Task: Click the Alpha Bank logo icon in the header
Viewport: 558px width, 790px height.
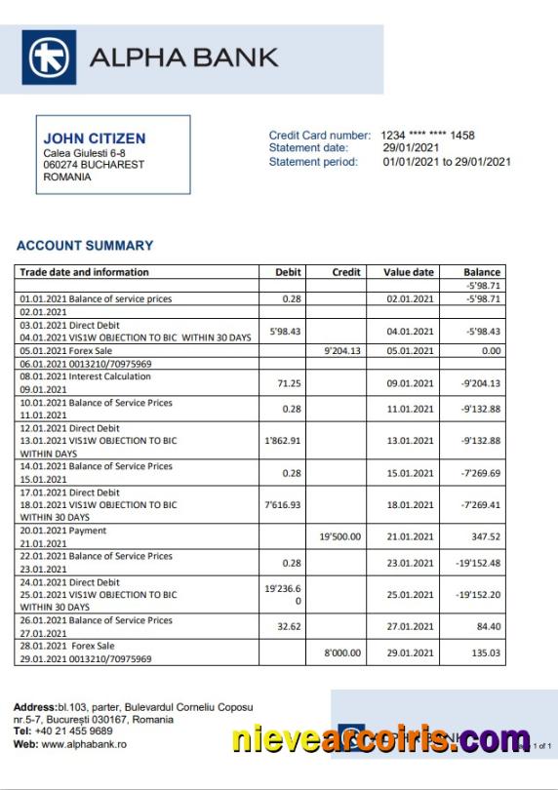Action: tap(49, 58)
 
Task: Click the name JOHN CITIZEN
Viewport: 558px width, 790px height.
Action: tap(95, 139)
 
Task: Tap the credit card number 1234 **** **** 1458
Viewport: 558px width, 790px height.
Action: tap(427, 136)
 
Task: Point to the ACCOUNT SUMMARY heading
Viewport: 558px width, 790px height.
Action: tap(85, 246)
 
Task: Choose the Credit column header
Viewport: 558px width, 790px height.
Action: tap(346, 272)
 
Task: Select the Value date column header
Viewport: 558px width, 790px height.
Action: tap(409, 272)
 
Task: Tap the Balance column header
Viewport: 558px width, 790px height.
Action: tap(482, 272)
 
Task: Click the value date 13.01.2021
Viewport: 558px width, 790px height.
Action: tap(409, 441)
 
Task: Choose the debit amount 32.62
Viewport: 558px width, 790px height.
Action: tap(286, 627)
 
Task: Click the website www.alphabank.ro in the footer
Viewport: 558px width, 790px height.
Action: tap(84, 744)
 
